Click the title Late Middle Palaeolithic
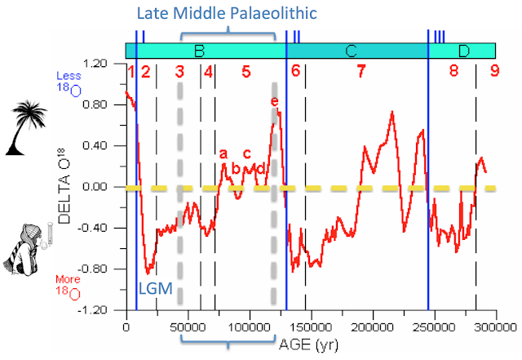[227, 13]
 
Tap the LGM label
[156, 289]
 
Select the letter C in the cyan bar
[351, 51]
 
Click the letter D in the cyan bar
[464, 51]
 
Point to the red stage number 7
[361, 71]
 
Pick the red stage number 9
[495, 71]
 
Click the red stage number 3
[179, 71]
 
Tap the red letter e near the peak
[274, 101]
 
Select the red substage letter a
[223, 154]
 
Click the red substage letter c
[246, 153]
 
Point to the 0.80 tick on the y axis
[95, 104]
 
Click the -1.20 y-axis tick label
[92, 310]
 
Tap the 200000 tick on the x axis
[373, 327]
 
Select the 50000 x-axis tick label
[188, 327]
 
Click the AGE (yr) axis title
[308, 344]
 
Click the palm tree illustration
[26, 127]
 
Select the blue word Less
[69, 76]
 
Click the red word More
[68, 279]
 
